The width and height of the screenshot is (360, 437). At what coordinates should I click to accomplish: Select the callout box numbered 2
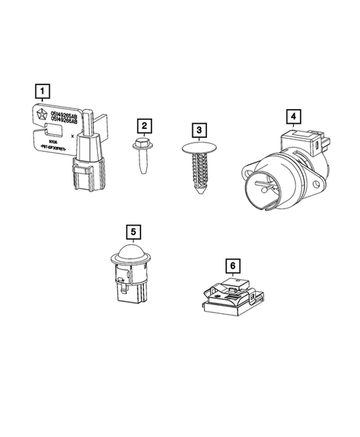[144, 125]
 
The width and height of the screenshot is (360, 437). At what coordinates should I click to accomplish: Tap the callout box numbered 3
[198, 130]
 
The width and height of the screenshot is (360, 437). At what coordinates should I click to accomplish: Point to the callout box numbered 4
[294, 116]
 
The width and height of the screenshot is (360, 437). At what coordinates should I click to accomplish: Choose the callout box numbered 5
[133, 231]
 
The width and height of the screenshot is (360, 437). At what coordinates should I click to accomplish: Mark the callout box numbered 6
[232, 263]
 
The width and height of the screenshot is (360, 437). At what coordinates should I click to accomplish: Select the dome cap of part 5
[132, 253]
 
